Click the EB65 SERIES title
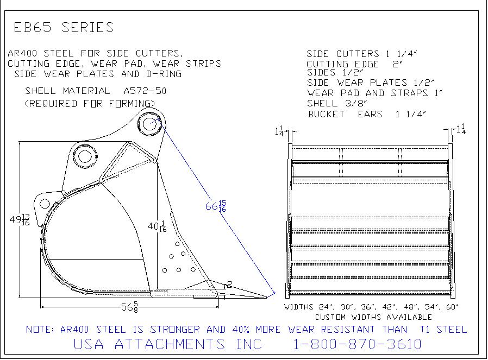point(64,27)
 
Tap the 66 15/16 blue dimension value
point(216,206)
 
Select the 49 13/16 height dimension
point(20,219)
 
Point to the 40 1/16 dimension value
point(157,226)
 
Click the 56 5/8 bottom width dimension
point(129,307)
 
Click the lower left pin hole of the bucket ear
point(84,156)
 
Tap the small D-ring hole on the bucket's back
point(45,204)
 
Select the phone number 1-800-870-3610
point(358,344)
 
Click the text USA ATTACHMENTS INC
point(168,344)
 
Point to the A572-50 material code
point(145,91)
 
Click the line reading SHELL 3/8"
point(337,103)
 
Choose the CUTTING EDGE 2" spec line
point(354,64)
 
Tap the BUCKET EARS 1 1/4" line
point(367,114)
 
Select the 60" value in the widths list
point(452,307)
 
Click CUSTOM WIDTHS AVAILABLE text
point(373,317)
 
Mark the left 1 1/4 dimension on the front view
point(279,131)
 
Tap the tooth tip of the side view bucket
point(267,297)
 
